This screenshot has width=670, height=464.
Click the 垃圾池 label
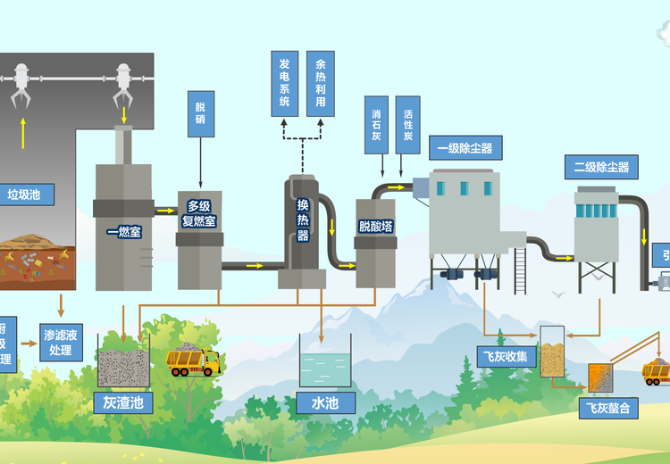[26, 195]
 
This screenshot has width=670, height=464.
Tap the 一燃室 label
[123, 232]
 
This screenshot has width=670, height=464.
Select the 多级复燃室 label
[199, 213]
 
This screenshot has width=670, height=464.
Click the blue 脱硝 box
[200, 113]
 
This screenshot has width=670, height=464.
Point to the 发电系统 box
[285, 84]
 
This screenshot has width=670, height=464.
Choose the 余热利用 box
[321, 84]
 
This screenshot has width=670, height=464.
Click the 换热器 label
[303, 220]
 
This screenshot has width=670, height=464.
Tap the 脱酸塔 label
[375, 227]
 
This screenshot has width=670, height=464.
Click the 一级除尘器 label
[465, 147]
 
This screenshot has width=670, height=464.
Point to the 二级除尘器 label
[601, 166]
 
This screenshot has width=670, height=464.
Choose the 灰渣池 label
[122, 402]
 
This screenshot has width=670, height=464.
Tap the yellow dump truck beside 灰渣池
[193, 360]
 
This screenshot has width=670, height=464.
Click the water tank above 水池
[325, 366]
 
